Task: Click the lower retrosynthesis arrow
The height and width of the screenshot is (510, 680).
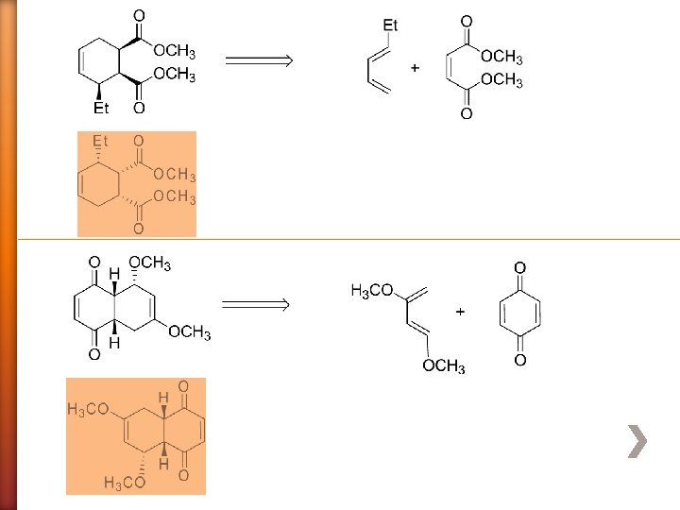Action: [x=254, y=304]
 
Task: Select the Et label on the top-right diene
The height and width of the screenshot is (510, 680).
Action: [x=390, y=25]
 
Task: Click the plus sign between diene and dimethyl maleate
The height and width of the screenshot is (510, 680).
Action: [x=415, y=68]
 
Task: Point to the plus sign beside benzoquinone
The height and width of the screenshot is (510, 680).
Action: [x=461, y=310]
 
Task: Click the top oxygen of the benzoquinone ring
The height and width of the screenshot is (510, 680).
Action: [x=519, y=268]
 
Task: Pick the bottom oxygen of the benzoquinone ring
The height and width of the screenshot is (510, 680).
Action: [x=519, y=361]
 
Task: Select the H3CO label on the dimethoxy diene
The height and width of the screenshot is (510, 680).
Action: [x=372, y=290]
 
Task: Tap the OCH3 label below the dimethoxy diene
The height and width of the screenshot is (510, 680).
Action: [x=444, y=366]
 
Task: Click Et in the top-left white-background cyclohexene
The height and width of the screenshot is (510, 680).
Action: [x=101, y=109]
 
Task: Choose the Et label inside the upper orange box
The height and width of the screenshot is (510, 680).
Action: [x=100, y=142]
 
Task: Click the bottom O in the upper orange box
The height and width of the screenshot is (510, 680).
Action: [x=138, y=228]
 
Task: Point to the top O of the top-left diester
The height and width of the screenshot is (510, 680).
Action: [x=139, y=16]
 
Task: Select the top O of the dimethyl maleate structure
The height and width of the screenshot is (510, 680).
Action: [x=467, y=21]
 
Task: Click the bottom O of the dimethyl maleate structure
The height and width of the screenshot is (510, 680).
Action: [x=467, y=114]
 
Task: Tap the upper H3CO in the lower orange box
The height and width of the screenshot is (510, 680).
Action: [x=89, y=409]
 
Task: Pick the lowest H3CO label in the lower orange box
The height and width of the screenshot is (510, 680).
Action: [x=125, y=484]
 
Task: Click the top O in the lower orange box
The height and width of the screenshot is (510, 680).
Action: [x=183, y=386]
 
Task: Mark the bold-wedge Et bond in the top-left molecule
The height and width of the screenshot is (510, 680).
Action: [x=100, y=93]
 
